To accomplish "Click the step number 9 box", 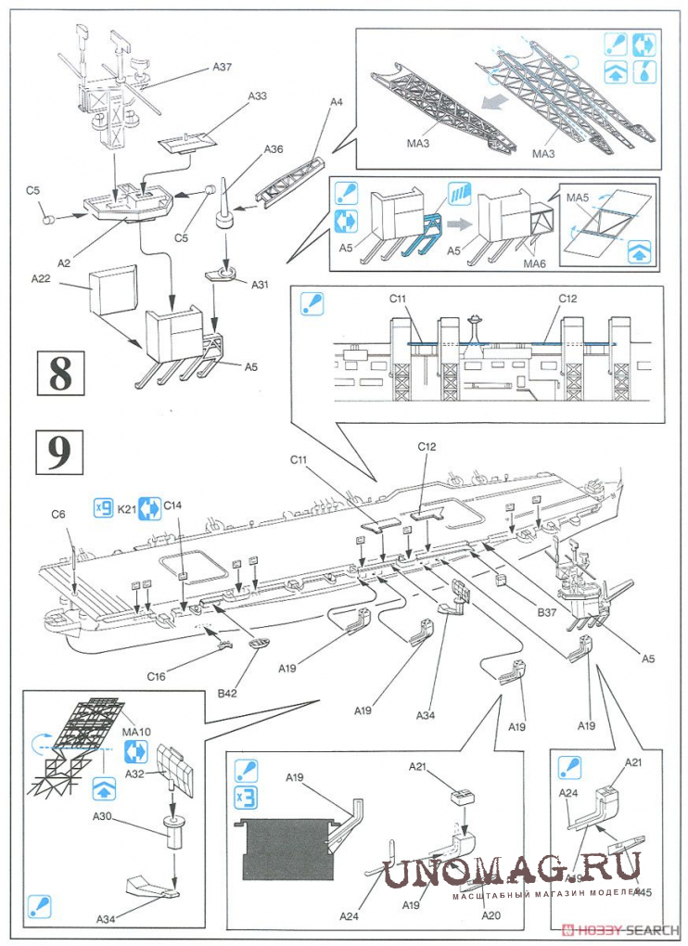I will pyautogui.click(x=59, y=452).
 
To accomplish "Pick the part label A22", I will pyautogui.click(x=40, y=277).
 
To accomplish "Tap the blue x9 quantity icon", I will pyautogui.click(x=104, y=507).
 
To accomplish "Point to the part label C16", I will pyautogui.click(x=156, y=676).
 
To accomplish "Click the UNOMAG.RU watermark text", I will pyautogui.click(x=512, y=870).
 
